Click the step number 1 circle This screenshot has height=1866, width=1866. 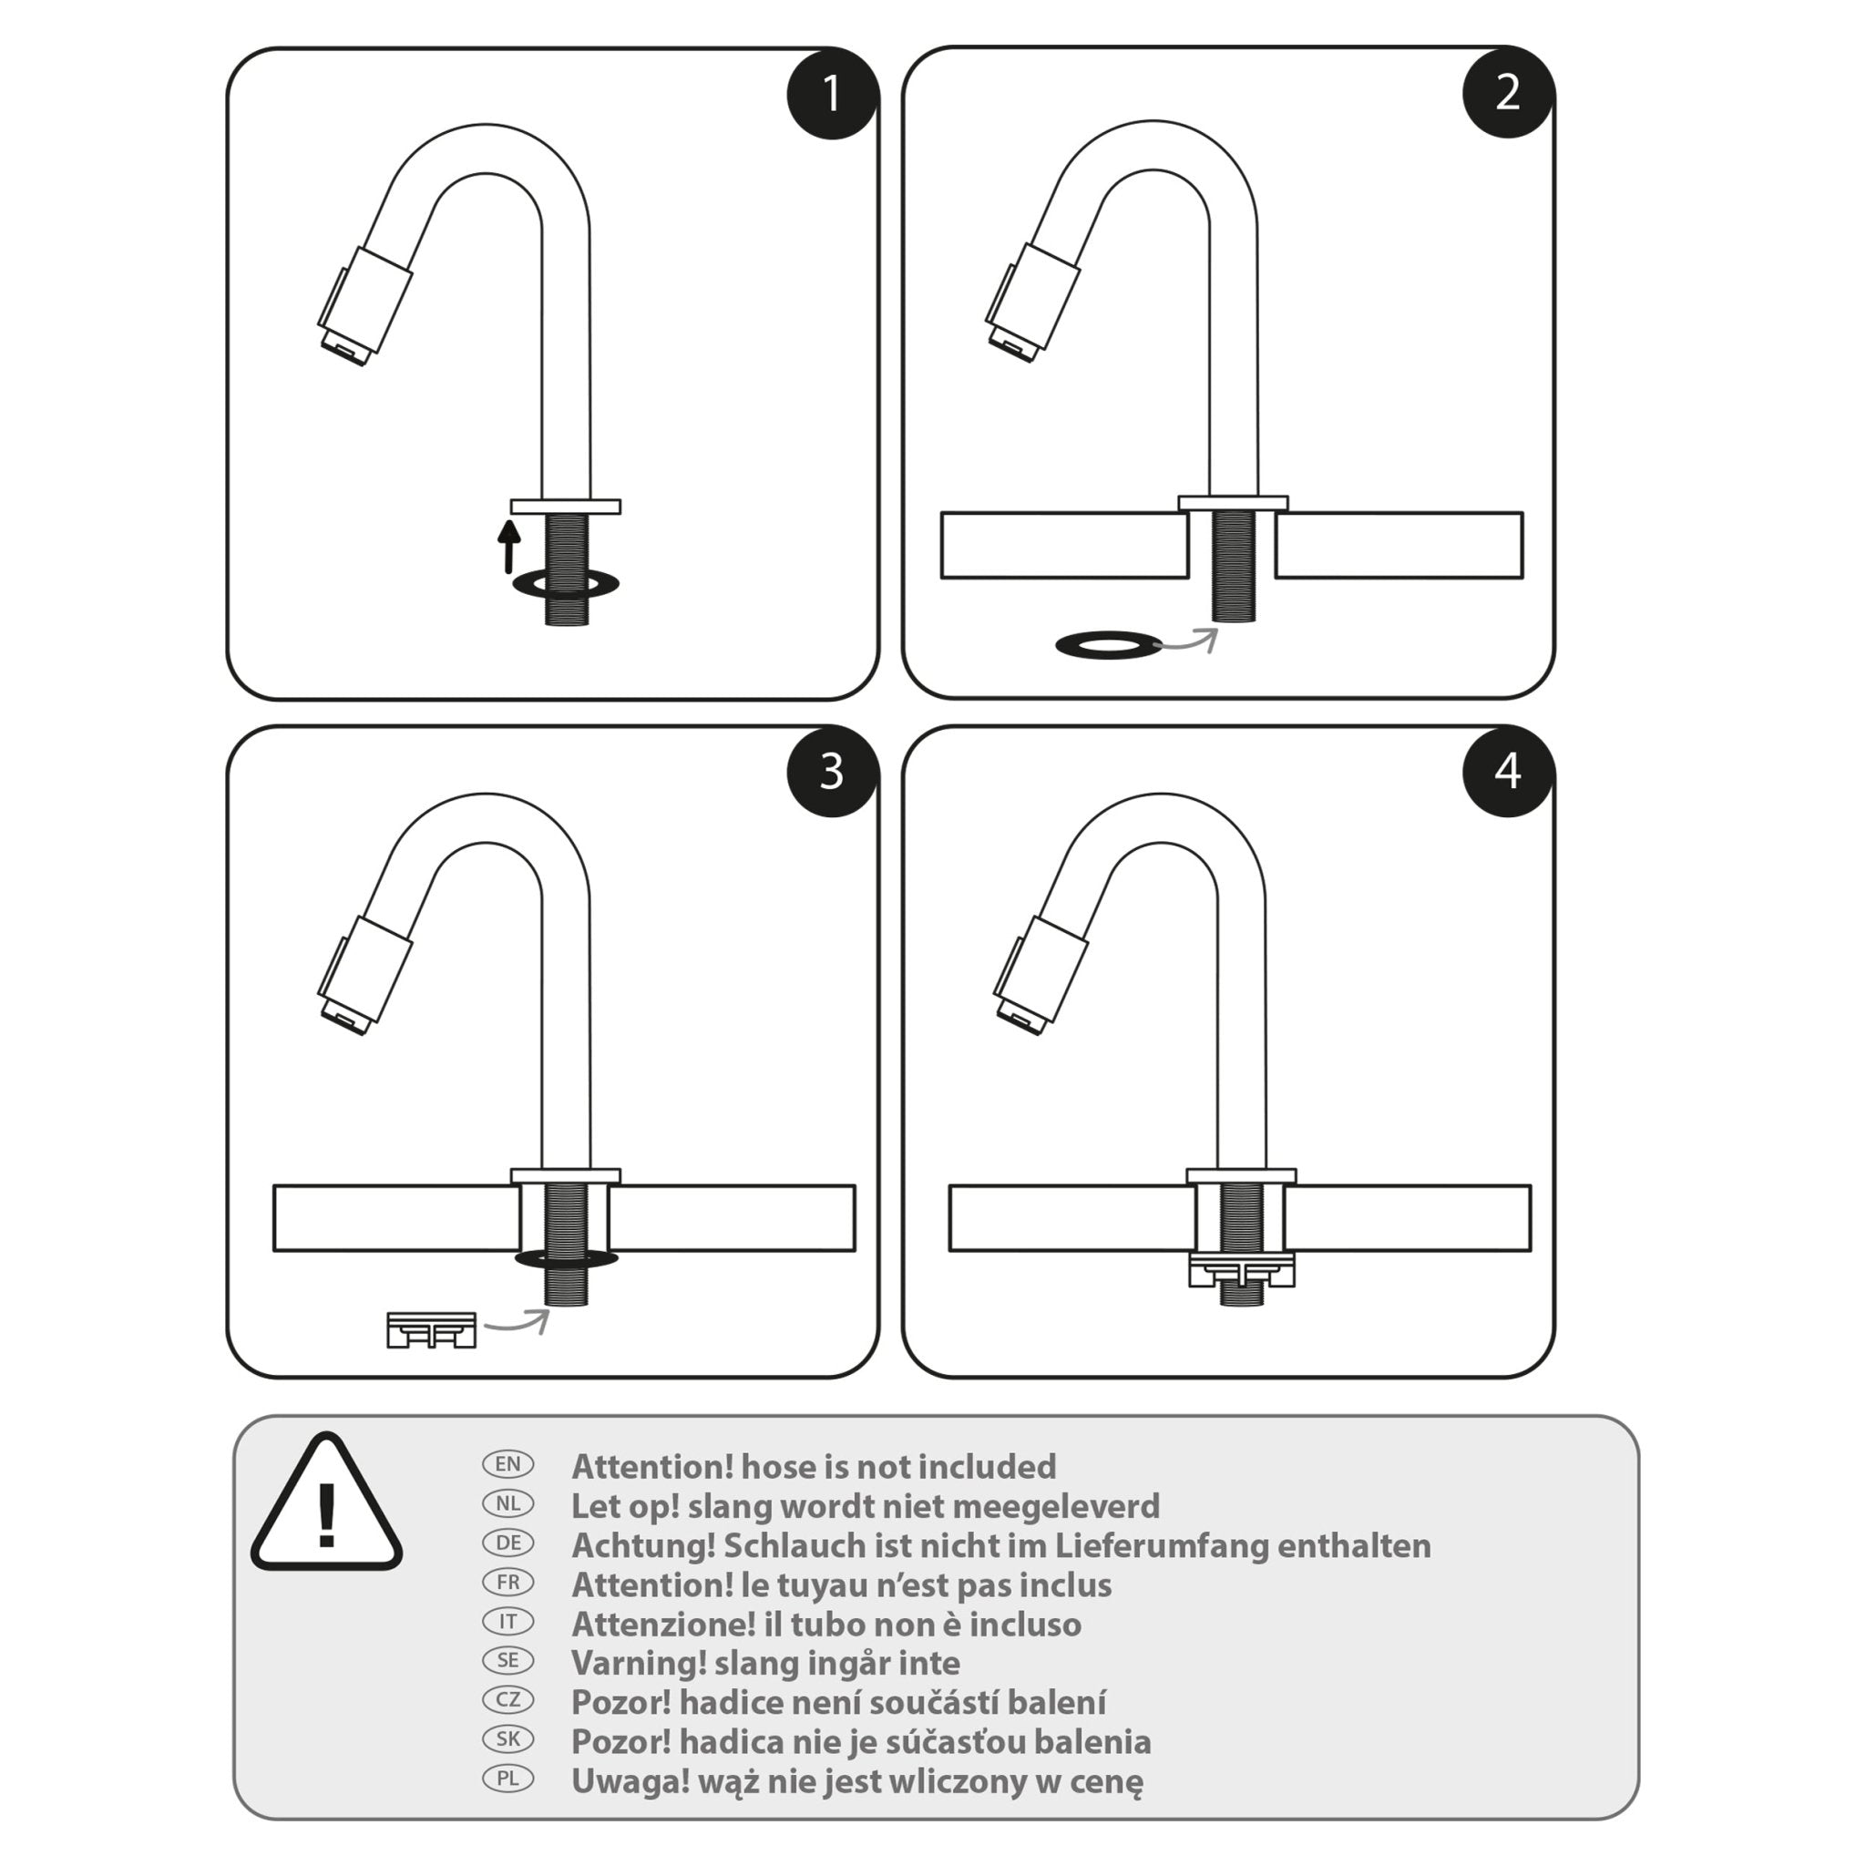coord(832,94)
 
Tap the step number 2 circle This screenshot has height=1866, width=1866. coord(1507,92)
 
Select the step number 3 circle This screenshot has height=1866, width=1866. coord(832,772)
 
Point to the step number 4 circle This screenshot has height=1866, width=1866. coord(1507,771)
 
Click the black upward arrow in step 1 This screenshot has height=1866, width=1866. coord(508,546)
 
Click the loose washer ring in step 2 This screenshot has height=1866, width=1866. coord(1108,645)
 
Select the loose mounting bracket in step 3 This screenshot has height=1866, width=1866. coord(431,1330)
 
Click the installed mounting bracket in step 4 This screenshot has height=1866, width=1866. coord(1241,1269)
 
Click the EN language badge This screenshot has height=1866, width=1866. coord(508,1464)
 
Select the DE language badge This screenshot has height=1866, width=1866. coord(508,1543)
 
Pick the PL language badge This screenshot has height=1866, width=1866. coord(508,1779)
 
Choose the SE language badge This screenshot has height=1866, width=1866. coord(508,1660)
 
